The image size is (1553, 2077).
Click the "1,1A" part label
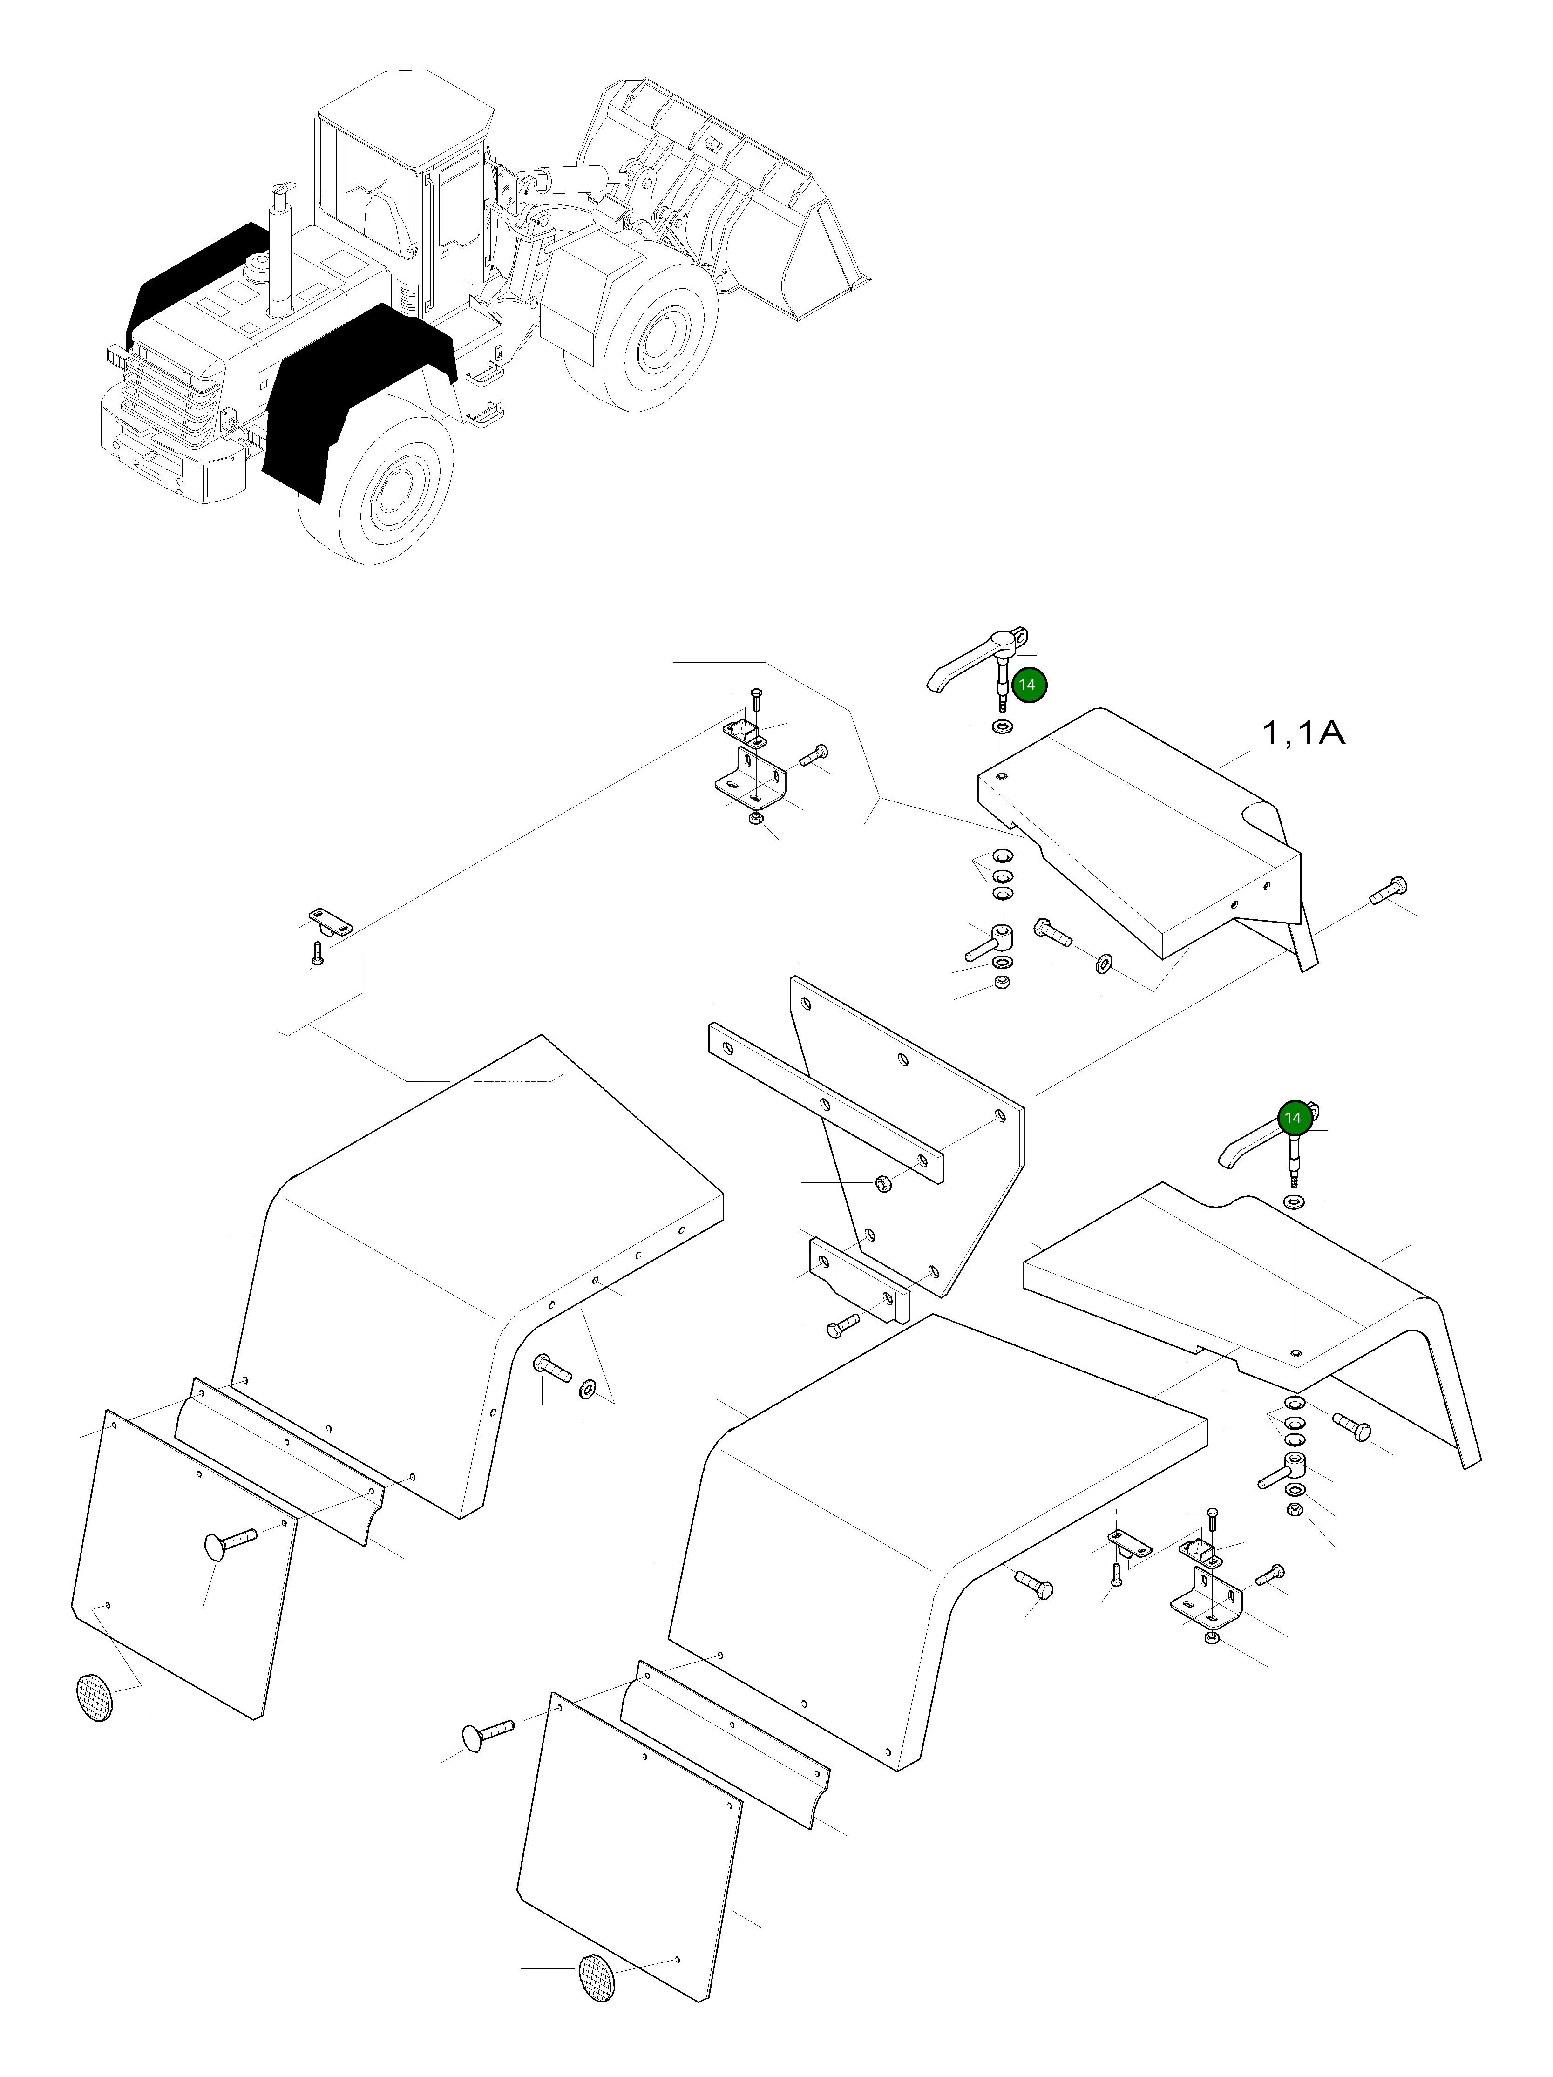[x=1302, y=733]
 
